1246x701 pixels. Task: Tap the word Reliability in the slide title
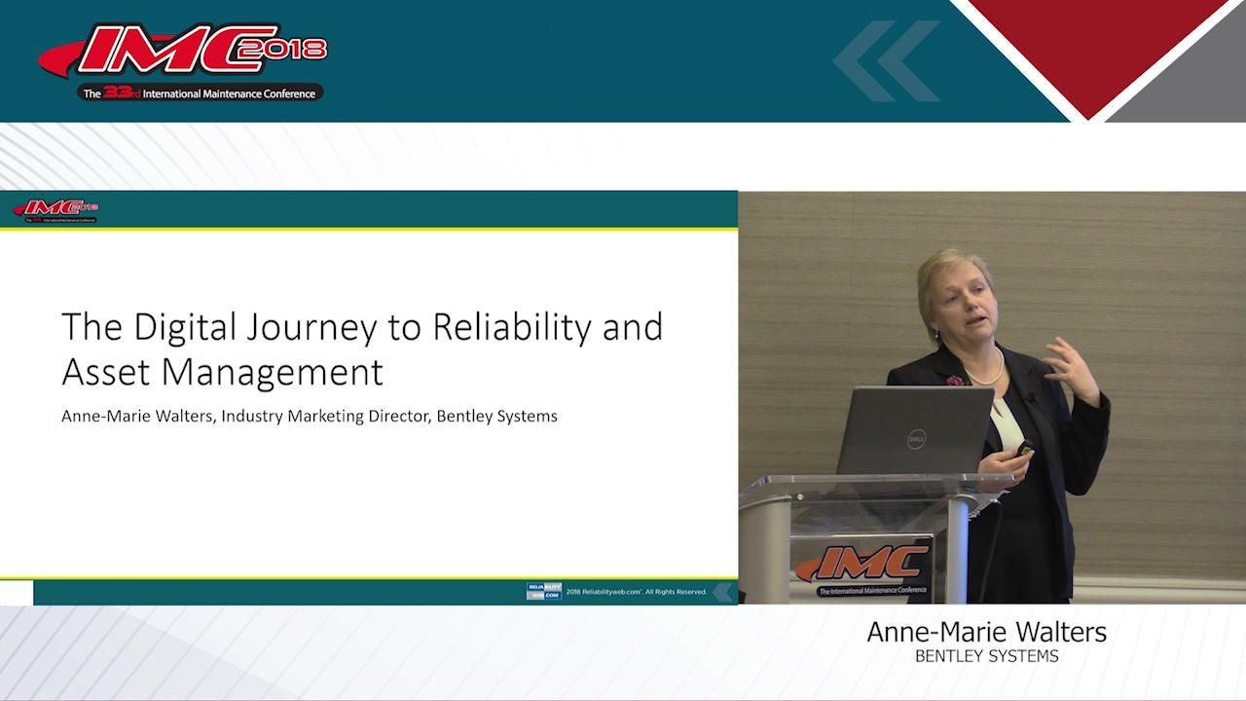[x=512, y=328]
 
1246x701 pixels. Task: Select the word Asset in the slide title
[x=102, y=372]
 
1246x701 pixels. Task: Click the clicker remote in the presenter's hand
[x=1024, y=448]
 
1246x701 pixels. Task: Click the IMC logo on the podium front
[x=862, y=565]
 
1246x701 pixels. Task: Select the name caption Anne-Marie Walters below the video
[x=986, y=632]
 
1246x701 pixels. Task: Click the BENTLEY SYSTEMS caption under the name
[x=986, y=656]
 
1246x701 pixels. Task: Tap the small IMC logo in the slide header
[x=55, y=209]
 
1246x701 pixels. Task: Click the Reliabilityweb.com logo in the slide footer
[x=543, y=591]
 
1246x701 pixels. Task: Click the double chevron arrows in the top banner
[x=885, y=60]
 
